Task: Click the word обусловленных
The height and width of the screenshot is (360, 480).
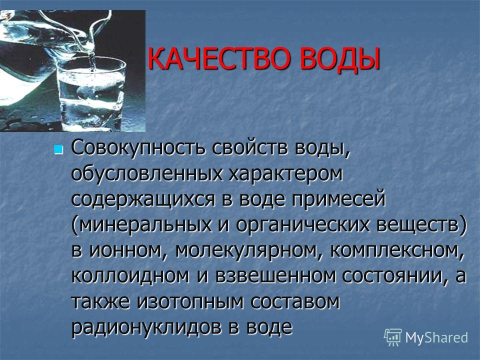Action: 146,173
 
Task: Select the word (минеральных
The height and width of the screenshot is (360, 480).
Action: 141,225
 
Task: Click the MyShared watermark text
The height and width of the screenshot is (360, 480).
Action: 436,337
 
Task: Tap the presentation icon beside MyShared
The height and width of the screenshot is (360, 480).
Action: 393,337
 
